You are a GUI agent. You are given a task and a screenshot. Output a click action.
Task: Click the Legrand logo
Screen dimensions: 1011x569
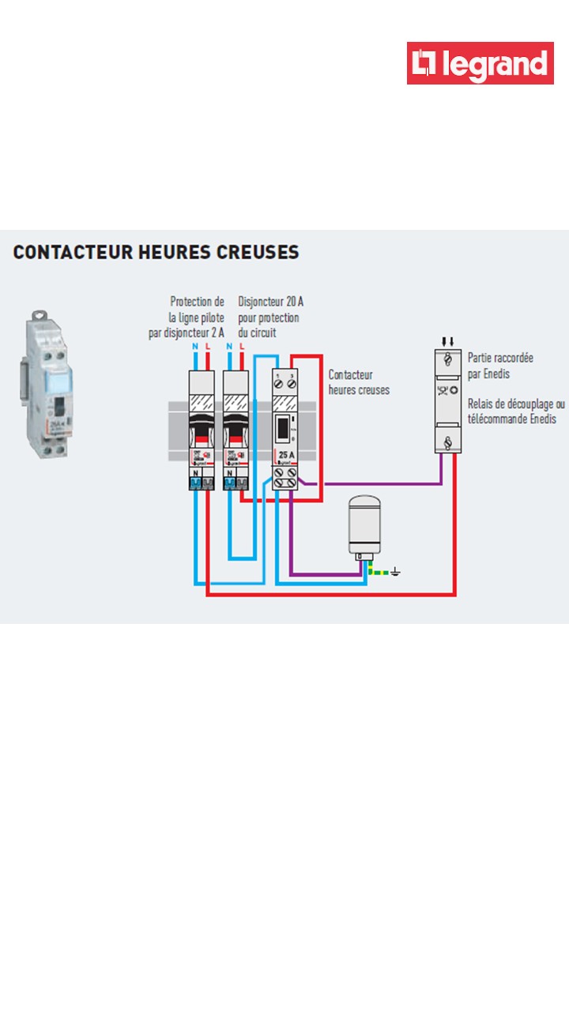(x=480, y=63)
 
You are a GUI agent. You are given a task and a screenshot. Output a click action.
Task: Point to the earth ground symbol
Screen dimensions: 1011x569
(x=395, y=571)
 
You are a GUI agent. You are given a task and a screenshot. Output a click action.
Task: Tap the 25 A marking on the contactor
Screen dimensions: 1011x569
(x=287, y=455)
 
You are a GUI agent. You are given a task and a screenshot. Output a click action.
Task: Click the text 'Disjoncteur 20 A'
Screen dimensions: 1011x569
(x=270, y=302)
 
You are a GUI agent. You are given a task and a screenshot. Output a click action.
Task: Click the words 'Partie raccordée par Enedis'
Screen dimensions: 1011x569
(x=500, y=365)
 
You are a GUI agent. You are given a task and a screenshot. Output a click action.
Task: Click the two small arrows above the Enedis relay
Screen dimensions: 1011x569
(x=448, y=341)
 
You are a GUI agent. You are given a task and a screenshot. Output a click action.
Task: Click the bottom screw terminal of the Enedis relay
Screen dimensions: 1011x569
(x=448, y=442)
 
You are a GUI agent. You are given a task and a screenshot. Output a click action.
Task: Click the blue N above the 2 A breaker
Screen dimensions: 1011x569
(x=195, y=347)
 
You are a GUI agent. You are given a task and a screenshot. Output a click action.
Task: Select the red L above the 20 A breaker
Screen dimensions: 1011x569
(x=242, y=347)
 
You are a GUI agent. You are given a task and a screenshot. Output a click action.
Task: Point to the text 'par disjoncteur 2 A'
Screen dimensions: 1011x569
(x=186, y=333)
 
